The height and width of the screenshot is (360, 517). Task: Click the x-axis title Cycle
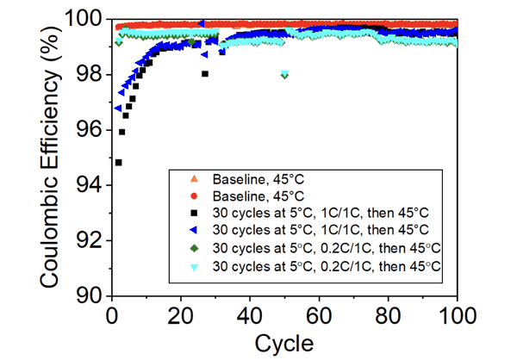click(283, 342)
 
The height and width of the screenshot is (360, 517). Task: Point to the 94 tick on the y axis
click(89, 184)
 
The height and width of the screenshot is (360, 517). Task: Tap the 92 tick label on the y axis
click(89, 239)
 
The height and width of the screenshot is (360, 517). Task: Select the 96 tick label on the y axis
click(89, 129)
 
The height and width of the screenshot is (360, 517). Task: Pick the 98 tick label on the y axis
click(89, 74)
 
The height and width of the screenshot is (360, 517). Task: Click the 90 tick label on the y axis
click(89, 295)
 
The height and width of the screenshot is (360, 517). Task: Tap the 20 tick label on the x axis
click(180, 312)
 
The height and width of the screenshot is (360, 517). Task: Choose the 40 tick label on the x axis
click(250, 312)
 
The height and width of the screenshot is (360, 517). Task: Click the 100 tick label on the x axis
click(457, 312)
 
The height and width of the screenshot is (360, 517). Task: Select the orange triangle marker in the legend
click(195, 178)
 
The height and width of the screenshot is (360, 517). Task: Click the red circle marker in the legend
click(195, 196)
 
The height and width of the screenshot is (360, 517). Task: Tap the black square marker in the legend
click(195, 214)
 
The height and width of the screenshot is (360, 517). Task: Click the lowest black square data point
click(118, 162)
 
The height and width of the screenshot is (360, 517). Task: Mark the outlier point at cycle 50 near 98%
click(284, 75)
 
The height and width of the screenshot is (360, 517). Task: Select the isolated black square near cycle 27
click(205, 74)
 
